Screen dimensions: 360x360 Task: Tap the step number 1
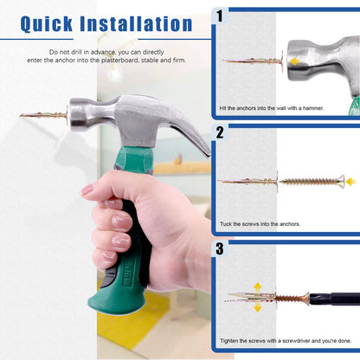(220, 16)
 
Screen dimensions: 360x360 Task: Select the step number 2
(220, 132)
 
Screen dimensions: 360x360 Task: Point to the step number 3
(220, 247)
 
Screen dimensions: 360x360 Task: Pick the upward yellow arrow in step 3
(258, 285)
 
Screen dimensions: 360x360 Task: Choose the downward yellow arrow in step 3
(258, 307)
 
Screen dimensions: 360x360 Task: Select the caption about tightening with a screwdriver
(285, 340)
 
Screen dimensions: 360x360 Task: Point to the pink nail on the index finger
(87, 190)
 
